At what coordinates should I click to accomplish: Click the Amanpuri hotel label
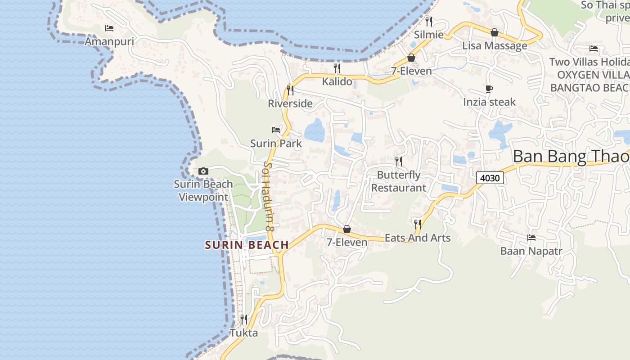pyautogui.click(x=109, y=41)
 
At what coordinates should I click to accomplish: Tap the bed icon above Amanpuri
pyautogui.click(x=109, y=28)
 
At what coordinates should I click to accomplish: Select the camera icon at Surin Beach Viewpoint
pyautogui.click(x=203, y=171)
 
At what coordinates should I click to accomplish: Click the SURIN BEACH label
pyautogui.click(x=247, y=245)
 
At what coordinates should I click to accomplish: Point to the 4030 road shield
pyautogui.click(x=490, y=178)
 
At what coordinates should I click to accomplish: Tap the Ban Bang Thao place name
pyautogui.click(x=571, y=157)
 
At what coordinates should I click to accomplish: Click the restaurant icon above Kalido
pyautogui.click(x=337, y=68)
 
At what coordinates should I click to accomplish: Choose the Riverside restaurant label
pyautogui.click(x=290, y=103)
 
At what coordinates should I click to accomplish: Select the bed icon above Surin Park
pyautogui.click(x=276, y=130)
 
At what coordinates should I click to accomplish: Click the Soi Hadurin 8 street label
pyautogui.click(x=269, y=197)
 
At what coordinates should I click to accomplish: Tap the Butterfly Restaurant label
pyautogui.click(x=398, y=181)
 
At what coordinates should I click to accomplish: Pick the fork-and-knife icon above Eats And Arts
pyautogui.click(x=418, y=224)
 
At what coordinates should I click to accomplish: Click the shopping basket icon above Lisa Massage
pyautogui.click(x=495, y=32)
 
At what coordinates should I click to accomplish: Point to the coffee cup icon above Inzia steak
pyautogui.click(x=489, y=89)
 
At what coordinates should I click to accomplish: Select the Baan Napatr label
pyautogui.click(x=531, y=251)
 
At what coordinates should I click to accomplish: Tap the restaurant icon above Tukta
pyautogui.click(x=244, y=319)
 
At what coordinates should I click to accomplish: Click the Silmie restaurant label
pyautogui.click(x=429, y=35)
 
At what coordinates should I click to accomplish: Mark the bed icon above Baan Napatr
pyautogui.click(x=531, y=238)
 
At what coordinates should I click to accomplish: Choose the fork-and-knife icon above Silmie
pyautogui.click(x=429, y=21)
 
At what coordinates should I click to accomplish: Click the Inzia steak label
pyautogui.click(x=489, y=102)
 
